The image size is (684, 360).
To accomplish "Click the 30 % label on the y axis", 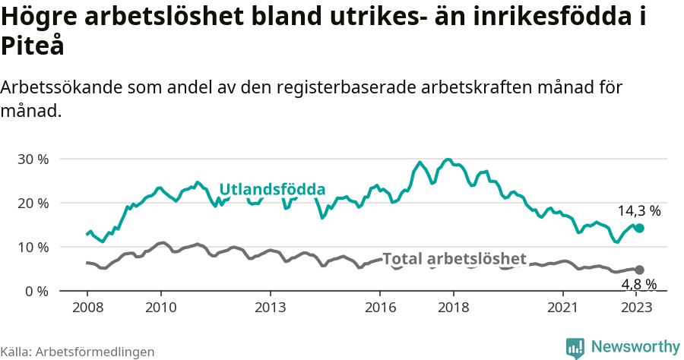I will tap(33, 159).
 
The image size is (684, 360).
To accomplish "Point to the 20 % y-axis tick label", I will tap(33, 204).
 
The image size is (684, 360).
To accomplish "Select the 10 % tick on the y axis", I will tap(33, 248).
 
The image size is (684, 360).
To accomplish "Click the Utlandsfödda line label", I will tap(272, 190).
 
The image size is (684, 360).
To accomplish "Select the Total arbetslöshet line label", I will tap(454, 258).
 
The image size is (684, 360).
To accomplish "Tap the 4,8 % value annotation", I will tap(638, 285).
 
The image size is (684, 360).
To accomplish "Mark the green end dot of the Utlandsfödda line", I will tap(639, 228).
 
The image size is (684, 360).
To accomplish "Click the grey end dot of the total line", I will tap(639, 270).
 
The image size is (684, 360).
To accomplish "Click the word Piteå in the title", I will tap(32, 46).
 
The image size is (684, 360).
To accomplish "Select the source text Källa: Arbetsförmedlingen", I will tap(78, 352).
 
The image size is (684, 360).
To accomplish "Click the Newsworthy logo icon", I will tap(575, 347).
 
